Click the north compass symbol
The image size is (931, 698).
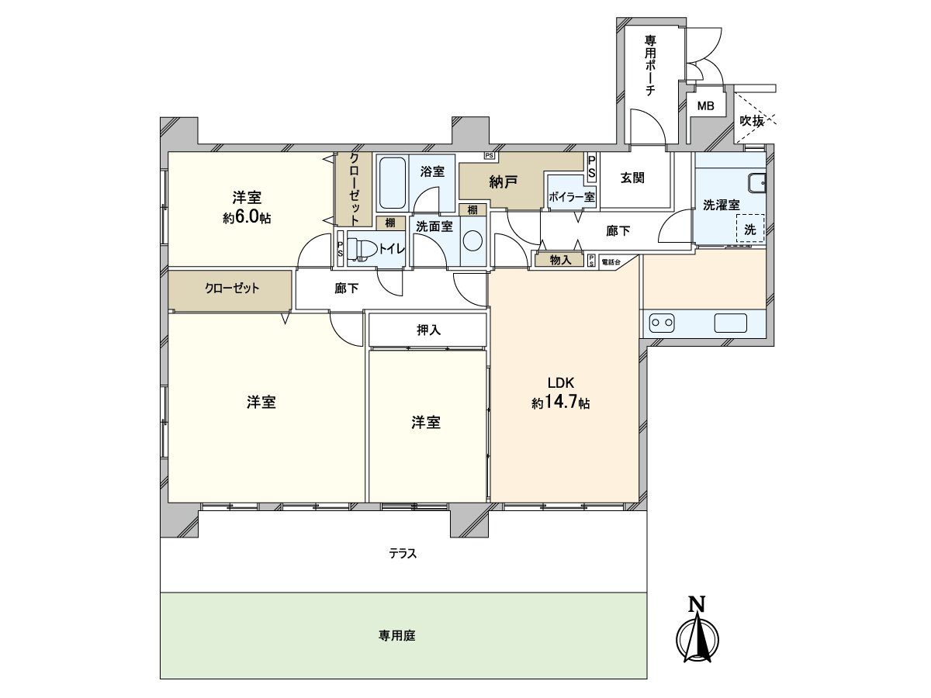click(700, 634)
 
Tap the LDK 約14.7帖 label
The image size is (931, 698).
click(560, 393)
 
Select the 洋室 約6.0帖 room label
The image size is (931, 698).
click(247, 207)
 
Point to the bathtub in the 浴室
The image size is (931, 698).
click(392, 183)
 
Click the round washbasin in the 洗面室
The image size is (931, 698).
click(472, 240)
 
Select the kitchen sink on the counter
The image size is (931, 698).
click(730, 323)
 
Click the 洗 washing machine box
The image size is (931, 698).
click(750, 229)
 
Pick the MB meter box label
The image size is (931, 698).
click(706, 106)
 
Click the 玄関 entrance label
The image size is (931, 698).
click(633, 178)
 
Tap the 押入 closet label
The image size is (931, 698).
click(428, 330)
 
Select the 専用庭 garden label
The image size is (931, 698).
click(397, 635)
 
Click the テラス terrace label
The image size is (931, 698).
click(403, 553)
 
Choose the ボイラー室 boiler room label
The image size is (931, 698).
click(571, 197)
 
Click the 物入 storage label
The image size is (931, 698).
click(560, 261)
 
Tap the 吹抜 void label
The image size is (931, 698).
click(752, 121)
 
